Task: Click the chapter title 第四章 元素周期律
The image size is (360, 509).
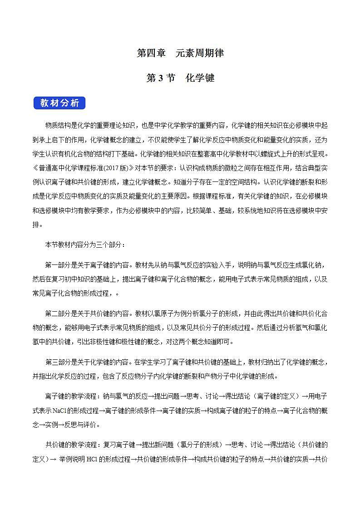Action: [180, 53]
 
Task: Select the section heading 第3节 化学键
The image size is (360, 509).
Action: [180, 78]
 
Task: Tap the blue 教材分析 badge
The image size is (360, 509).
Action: [59, 103]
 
